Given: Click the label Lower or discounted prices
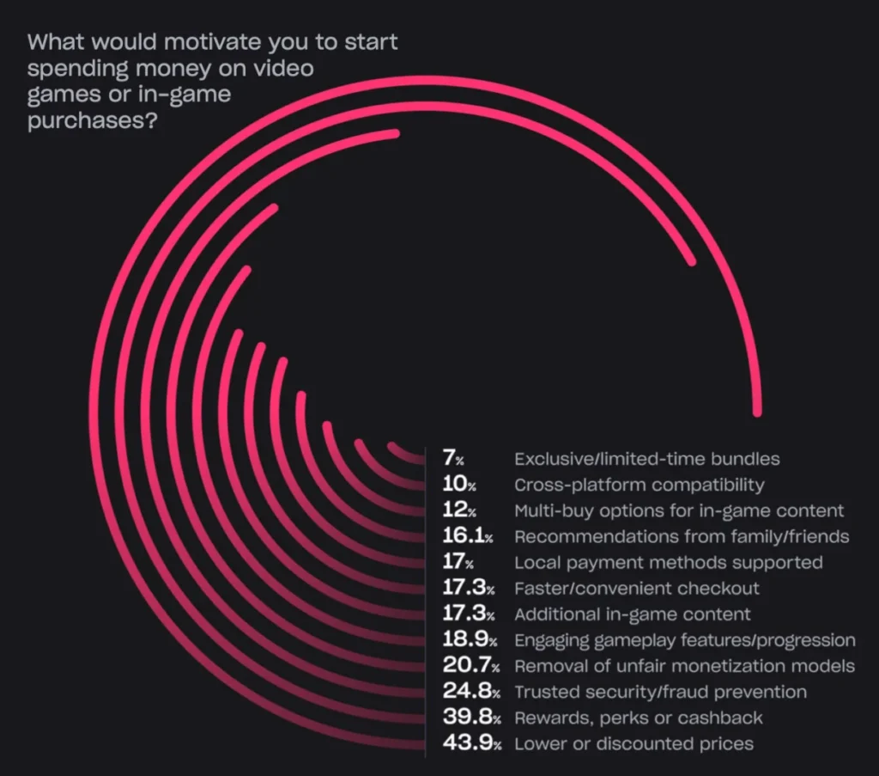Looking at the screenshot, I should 633,743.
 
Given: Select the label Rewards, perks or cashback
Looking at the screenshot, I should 638,718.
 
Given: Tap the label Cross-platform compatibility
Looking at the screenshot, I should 639,485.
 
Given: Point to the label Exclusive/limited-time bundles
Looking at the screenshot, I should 646,459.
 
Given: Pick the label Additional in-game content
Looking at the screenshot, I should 632,614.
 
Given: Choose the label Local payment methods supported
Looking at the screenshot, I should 668,563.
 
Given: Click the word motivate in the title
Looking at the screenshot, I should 190,42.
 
